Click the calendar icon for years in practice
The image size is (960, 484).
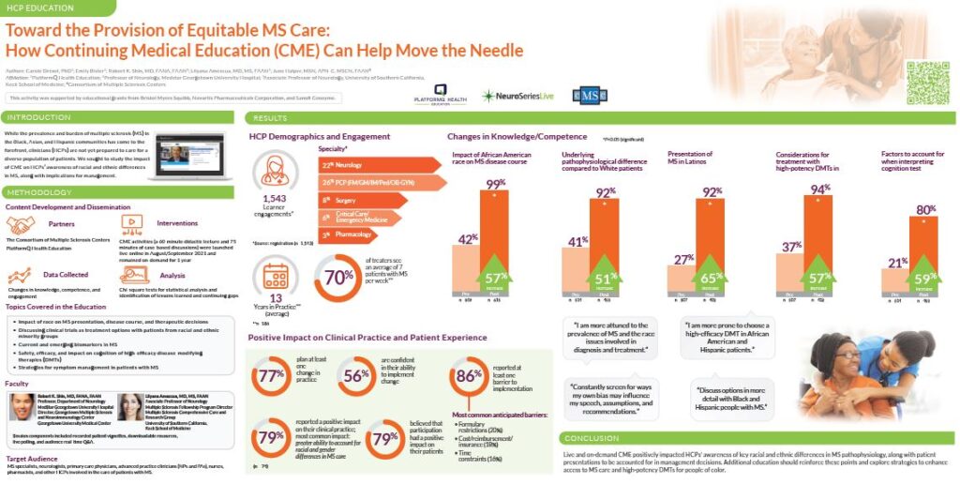click(275, 276)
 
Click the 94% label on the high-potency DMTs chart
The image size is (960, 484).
click(819, 189)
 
